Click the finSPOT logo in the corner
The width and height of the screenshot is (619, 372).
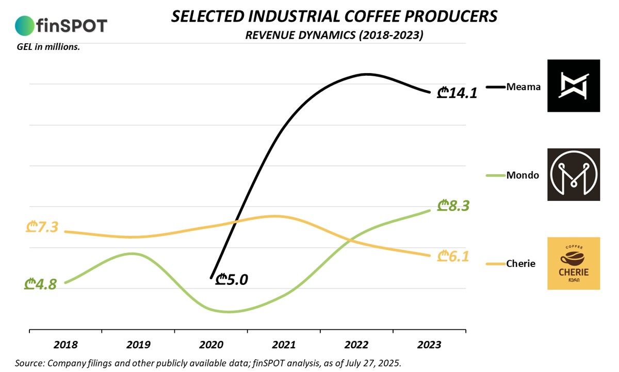tap(61, 25)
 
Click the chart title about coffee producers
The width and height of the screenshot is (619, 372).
tap(334, 16)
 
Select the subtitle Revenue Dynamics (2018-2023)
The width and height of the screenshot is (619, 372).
tap(334, 35)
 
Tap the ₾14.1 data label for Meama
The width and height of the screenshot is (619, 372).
tap(457, 93)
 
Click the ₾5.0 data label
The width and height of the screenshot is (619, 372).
tap(232, 279)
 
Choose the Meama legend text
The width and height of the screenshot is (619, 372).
tap(524, 87)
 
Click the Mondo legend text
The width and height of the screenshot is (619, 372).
tap(523, 175)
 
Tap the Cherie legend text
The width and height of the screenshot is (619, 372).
tap(521, 264)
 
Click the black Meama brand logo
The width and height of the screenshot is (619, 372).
tap(574, 86)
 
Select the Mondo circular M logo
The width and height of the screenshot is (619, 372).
tap(574, 174)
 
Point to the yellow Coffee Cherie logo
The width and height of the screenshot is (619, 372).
tap(574, 263)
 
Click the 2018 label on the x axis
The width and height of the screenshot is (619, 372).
tap(66, 344)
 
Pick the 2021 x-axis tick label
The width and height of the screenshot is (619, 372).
tap(284, 344)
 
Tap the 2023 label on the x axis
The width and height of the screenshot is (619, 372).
tap(429, 344)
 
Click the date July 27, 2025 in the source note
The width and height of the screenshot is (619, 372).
tap(370, 363)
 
